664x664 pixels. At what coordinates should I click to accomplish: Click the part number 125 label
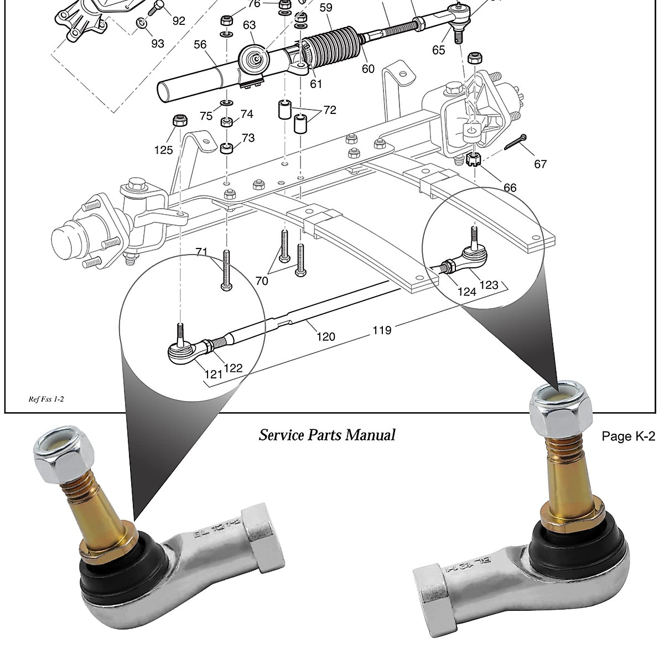point(164,149)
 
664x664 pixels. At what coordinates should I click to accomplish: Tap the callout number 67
point(540,164)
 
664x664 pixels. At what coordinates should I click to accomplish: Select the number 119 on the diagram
point(382,330)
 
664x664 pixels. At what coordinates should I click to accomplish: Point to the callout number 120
point(326,336)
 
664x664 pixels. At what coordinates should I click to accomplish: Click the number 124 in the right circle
point(467,291)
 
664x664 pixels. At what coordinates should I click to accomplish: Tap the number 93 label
point(158,43)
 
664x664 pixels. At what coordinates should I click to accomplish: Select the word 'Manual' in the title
point(370,435)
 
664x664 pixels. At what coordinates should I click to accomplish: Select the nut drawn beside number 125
point(179,120)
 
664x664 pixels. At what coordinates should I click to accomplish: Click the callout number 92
point(178,21)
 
